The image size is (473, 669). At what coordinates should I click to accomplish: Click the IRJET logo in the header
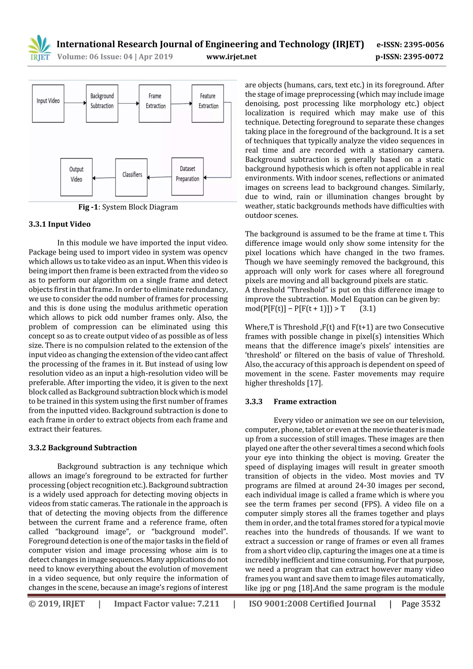tap(39, 48)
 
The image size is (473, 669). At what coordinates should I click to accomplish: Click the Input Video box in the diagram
tap(48, 103)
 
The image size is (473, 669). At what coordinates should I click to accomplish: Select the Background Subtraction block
tap(102, 103)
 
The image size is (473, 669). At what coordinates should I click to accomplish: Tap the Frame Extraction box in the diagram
tap(155, 103)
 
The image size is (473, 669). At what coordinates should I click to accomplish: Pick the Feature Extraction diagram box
tap(207, 103)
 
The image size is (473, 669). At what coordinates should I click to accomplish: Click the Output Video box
tap(76, 177)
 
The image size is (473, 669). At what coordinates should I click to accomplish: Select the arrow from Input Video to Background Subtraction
tap(75, 103)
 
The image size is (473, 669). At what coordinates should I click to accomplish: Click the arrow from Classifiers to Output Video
tap(104, 178)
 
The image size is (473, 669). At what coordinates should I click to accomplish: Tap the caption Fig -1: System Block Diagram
tap(128, 207)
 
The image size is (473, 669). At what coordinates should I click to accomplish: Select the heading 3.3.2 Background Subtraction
tap(82, 448)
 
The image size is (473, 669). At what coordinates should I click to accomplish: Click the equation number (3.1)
tap(367, 309)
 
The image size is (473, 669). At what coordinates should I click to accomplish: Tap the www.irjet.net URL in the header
tap(231, 57)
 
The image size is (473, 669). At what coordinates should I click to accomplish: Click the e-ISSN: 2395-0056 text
tap(410, 45)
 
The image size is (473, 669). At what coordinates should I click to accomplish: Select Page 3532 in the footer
tap(421, 603)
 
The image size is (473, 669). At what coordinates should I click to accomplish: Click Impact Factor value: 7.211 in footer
tap(167, 603)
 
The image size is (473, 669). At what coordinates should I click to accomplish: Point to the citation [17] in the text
tap(315, 383)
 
